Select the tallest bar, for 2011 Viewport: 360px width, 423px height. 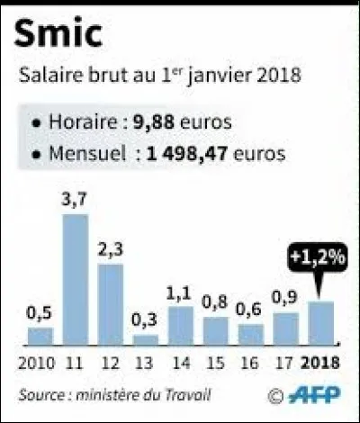(x=76, y=279)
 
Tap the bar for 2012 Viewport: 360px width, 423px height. (x=111, y=304)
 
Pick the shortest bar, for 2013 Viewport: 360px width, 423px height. (x=146, y=339)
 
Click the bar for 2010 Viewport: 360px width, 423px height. (x=40, y=336)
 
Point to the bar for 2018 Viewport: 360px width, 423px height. (x=320, y=322)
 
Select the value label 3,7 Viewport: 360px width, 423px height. (x=76, y=202)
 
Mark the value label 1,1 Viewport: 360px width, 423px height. (x=180, y=294)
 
